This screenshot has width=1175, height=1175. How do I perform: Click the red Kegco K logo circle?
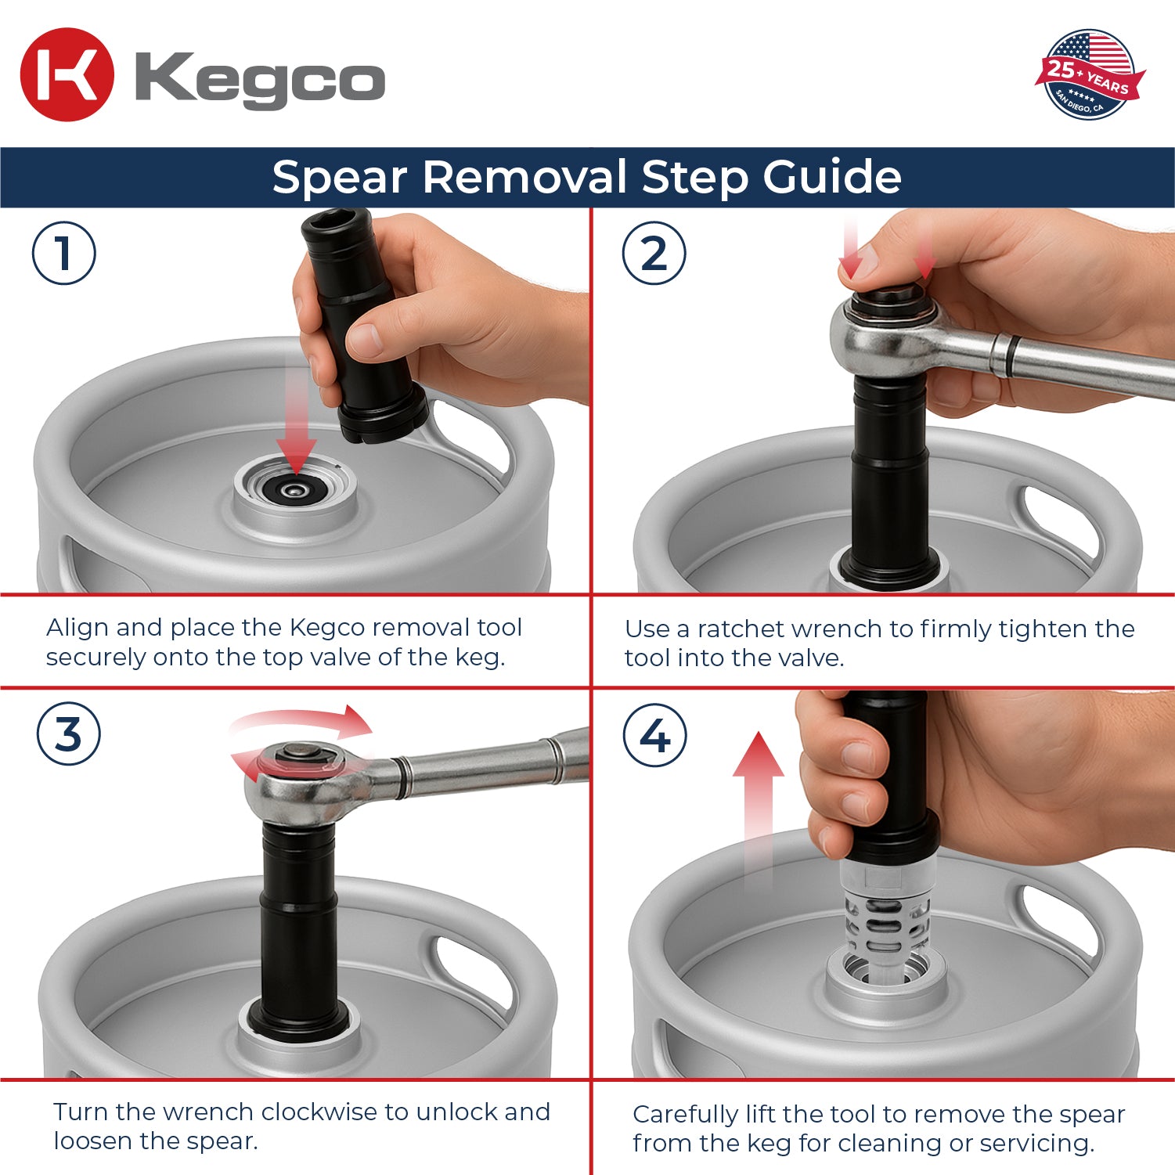coord(67,75)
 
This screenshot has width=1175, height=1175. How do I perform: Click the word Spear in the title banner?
coord(339,178)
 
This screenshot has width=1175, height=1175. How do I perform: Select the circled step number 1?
coord(64,254)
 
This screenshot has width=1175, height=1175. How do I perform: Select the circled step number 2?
coord(654,254)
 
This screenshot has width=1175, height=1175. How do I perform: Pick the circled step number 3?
coord(69,734)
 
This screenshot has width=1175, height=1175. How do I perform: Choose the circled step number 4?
coord(655,736)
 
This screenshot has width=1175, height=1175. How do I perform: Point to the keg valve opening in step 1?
coord(295,489)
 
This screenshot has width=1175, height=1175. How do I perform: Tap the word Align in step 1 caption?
coord(77,628)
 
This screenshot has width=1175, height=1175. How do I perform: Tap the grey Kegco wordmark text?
coord(260,78)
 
